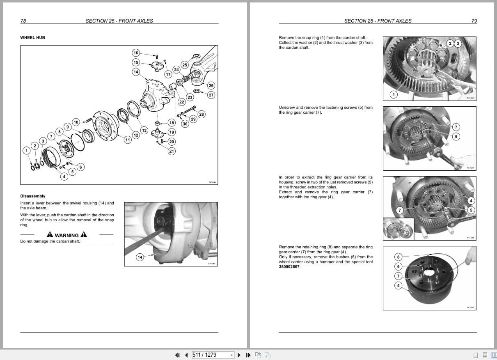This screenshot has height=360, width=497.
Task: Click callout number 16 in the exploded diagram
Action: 136,53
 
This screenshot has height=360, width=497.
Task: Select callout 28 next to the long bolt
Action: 201,114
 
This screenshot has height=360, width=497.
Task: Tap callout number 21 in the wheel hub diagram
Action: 172,151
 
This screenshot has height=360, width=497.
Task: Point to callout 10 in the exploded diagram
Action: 76,122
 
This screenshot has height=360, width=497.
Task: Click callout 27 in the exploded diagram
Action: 211,95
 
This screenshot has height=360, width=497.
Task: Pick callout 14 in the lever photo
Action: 140,257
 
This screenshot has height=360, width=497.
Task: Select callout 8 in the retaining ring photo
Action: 398,257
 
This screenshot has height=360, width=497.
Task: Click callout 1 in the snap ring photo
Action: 393,95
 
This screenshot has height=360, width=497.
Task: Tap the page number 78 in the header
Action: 23,21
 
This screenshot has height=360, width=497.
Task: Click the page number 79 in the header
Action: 474,21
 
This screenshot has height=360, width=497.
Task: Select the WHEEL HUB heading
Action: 32,38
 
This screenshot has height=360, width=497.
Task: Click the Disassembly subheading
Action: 33,196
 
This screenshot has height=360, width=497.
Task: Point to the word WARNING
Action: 67,235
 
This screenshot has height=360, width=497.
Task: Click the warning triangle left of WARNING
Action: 50,235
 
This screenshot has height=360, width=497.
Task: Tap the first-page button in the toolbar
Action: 177,355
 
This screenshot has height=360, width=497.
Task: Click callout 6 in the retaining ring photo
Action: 398,266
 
